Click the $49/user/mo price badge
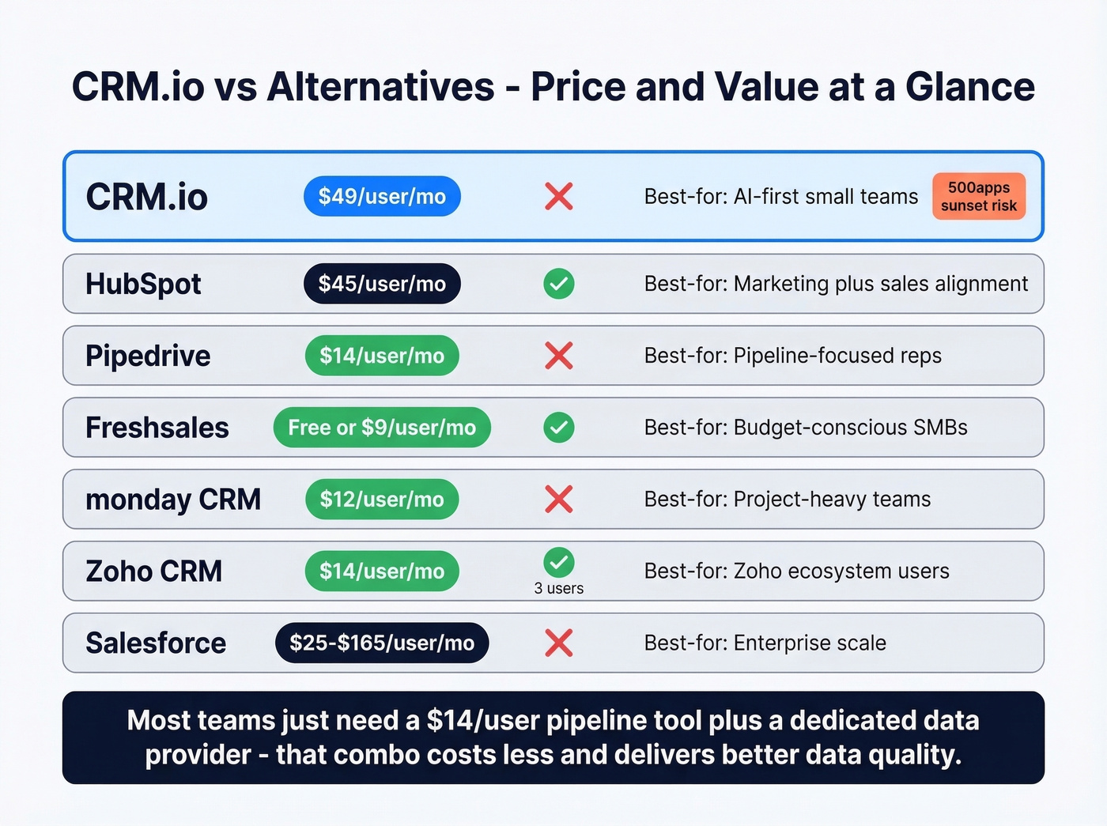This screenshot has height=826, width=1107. (x=382, y=197)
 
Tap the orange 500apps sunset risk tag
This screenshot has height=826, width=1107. (x=979, y=197)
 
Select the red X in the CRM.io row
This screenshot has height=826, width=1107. (x=559, y=197)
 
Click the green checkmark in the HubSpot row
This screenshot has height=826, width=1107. (x=559, y=284)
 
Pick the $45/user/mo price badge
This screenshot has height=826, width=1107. (x=382, y=284)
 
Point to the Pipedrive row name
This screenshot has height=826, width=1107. (x=148, y=356)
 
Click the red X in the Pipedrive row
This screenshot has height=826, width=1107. (x=559, y=356)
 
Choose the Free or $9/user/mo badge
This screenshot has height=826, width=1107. (x=382, y=428)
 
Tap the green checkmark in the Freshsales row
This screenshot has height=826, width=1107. (x=559, y=428)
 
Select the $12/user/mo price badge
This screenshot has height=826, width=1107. (x=382, y=500)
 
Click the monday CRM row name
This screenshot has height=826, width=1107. (x=173, y=500)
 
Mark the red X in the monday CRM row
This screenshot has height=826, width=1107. (x=559, y=500)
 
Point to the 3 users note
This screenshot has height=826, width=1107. (x=559, y=589)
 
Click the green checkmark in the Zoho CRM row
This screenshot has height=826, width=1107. (x=559, y=563)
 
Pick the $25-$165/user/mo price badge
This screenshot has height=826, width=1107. (x=382, y=643)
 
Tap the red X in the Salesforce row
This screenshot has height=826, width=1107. (x=559, y=643)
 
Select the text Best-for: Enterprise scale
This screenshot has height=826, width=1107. (x=765, y=643)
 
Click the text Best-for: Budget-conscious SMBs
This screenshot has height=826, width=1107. (x=806, y=428)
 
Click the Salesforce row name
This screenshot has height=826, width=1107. (x=156, y=643)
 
